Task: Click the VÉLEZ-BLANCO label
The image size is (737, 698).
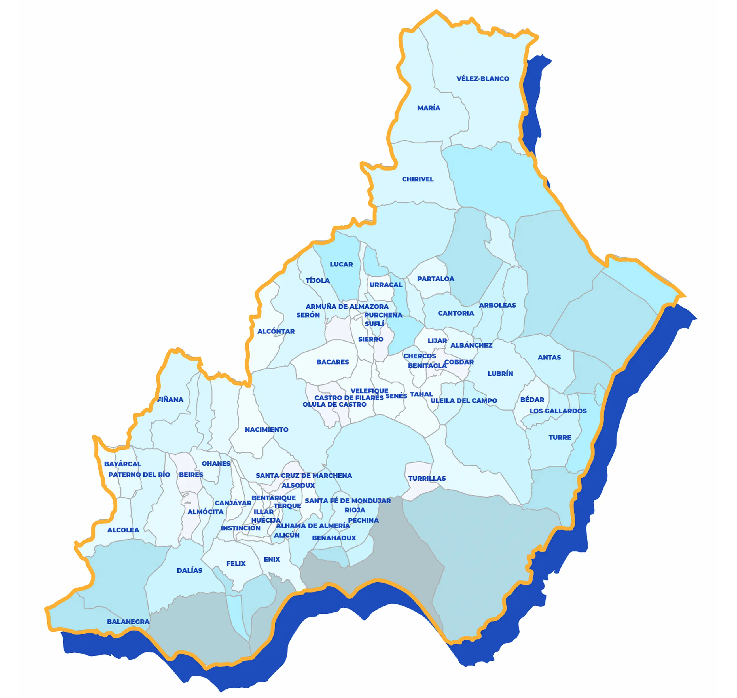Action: (x=482, y=79)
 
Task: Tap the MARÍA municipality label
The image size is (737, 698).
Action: (x=429, y=108)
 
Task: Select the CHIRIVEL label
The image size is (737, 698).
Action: (x=418, y=179)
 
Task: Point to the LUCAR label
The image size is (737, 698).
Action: (x=341, y=264)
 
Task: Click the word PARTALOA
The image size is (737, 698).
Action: (x=436, y=279)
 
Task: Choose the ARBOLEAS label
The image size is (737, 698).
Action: (x=497, y=305)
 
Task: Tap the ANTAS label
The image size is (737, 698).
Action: (x=549, y=357)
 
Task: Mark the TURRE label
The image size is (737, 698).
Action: (x=560, y=437)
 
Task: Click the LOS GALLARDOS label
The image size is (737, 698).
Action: (x=558, y=411)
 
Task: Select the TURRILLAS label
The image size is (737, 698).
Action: (x=427, y=478)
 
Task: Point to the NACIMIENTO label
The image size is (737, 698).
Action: (x=266, y=429)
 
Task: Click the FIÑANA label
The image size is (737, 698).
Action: (x=170, y=399)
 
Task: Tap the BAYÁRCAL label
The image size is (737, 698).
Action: (x=122, y=464)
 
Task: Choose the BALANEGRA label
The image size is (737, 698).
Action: (x=128, y=621)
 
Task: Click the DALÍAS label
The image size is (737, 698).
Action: (x=189, y=570)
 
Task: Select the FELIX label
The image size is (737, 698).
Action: (x=236, y=563)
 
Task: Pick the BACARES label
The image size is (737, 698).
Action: (x=333, y=362)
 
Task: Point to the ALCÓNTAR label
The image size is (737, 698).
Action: (x=276, y=331)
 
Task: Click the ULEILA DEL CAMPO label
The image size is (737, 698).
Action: (x=463, y=401)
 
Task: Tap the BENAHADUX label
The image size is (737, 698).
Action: (x=334, y=538)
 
